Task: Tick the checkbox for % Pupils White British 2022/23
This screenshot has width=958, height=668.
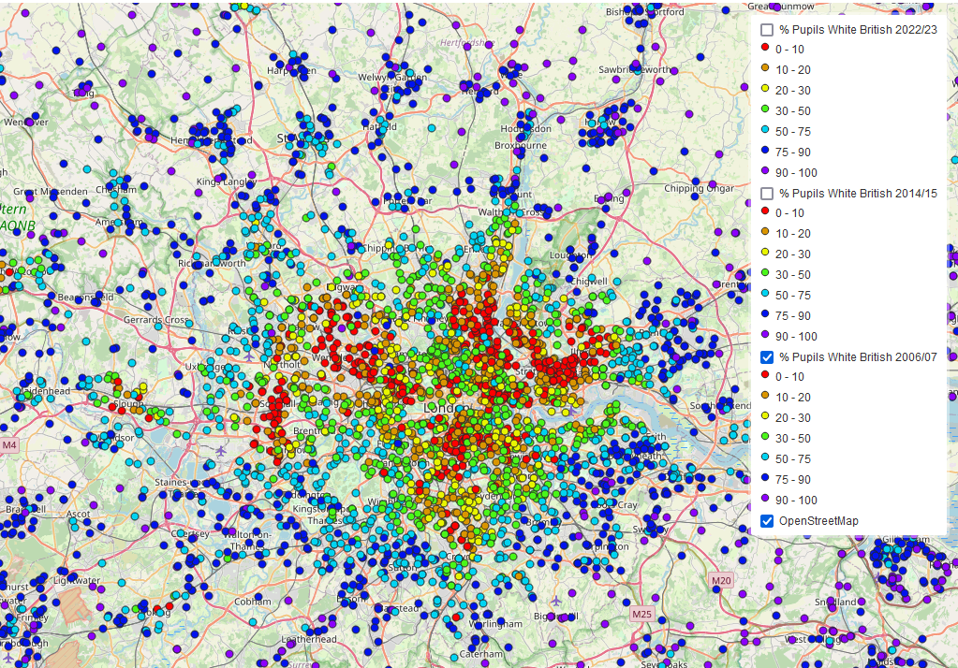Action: (x=766, y=31)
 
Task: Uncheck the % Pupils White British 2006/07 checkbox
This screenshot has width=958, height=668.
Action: (x=766, y=357)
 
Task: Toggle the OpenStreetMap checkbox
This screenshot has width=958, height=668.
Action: (x=766, y=521)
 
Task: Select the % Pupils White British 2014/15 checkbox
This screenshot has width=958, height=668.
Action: (x=766, y=194)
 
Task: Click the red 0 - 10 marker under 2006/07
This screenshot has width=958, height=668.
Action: (x=765, y=377)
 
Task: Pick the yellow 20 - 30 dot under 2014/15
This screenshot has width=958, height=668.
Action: (x=765, y=254)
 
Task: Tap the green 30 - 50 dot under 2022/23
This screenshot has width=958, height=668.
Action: (x=765, y=111)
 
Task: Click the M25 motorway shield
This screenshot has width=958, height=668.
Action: (x=641, y=615)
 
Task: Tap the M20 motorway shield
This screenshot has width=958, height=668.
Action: (x=720, y=581)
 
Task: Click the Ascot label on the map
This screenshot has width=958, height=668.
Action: (x=78, y=514)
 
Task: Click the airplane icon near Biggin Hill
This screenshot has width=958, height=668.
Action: (x=556, y=601)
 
